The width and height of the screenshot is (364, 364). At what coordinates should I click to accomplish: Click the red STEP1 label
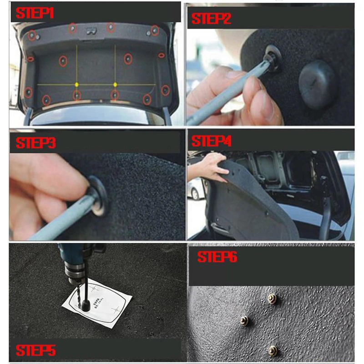click(35, 13)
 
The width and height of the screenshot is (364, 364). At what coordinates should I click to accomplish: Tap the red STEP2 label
click(211, 19)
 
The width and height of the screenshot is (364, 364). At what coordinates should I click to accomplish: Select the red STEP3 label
click(35, 143)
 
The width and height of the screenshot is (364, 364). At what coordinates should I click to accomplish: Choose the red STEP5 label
click(35, 350)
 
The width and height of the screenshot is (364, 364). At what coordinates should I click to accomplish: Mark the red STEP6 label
click(217, 258)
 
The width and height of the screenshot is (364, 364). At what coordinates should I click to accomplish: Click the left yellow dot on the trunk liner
click(76, 85)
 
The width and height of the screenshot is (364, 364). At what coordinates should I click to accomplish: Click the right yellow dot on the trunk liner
click(115, 85)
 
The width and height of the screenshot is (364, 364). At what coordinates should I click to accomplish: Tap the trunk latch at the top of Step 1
click(91, 31)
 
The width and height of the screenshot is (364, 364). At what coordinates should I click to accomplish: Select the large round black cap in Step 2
click(318, 84)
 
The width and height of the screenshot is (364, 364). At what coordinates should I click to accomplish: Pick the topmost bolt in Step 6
click(272, 298)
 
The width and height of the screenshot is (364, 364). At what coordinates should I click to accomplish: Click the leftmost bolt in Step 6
click(244, 321)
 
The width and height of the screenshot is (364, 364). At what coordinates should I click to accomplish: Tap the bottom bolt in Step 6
click(273, 350)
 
